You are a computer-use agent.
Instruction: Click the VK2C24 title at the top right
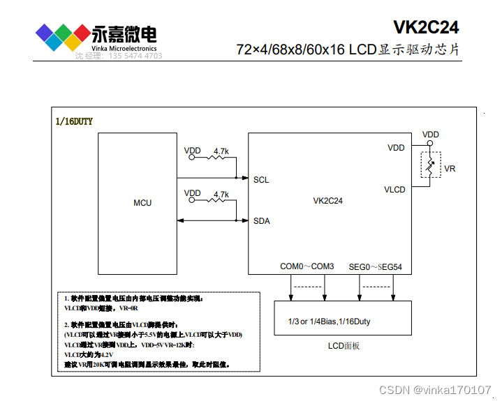pyautogui.click(x=427, y=27)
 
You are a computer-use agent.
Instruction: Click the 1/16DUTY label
pyautogui.click(x=74, y=121)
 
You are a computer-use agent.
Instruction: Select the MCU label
pyautogui.click(x=142, y=203)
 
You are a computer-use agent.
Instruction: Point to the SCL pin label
pyautogui.click(x=261, y=179)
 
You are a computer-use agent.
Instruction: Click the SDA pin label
pyautogui.click(x=261, y=221)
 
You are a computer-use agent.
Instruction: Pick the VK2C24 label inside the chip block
pyautogui.click(x=327, y=201)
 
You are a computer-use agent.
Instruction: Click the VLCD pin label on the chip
pyautogui.click(x=394, y=189)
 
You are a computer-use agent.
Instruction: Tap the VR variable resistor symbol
pyautogui.click(x=430, y=167)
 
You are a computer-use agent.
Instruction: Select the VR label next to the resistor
pyautogui.click(x=450, y=169)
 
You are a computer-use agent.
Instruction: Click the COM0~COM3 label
pyautogui.click(x=307, y=266)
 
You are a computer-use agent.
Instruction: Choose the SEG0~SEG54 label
pyautogui.click(x=375, y=266)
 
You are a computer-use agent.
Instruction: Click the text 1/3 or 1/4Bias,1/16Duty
pyautogui.click(x=330, y=321)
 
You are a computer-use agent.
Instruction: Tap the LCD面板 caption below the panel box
pyautogui.click(x=344, y=345)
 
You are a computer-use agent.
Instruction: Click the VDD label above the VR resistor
pyautogui.click(x=431, y=135)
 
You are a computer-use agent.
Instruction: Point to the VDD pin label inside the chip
pyautogui.click(x=396, y=148)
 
